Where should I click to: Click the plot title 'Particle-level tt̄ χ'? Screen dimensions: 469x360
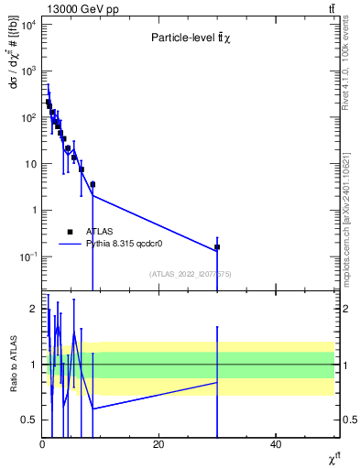pos(189,38)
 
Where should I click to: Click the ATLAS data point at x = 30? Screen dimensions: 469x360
pos(217,247)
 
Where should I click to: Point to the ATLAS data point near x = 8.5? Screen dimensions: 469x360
pos(93,184)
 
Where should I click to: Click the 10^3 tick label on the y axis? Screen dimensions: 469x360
pos(28,71)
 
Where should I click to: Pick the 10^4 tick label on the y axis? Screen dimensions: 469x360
pos(28,25)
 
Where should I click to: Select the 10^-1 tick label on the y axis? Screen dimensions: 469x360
pos(27,256)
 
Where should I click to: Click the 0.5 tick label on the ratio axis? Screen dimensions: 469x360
pos(29,420)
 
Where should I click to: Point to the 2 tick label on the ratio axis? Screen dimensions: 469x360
pos(34,309)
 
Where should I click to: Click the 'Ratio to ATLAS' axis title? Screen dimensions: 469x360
pos(13,364)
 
